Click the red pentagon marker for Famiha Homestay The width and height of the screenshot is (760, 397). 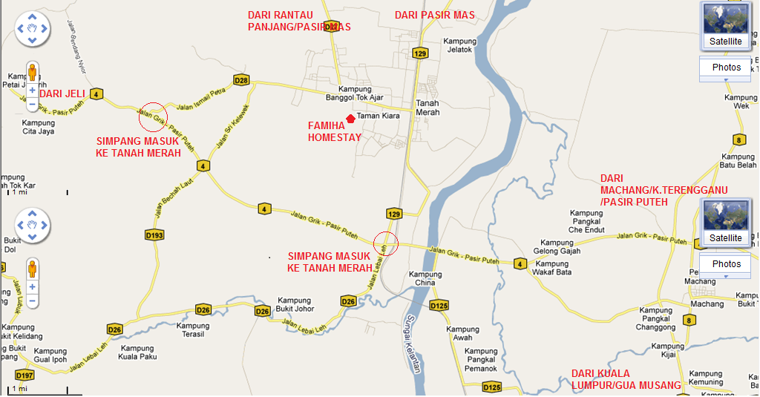point(350,119)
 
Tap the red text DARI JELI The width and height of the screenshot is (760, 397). point(62,93)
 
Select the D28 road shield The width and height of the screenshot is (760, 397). point(240,79)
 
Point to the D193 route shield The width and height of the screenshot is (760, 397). point(154,234)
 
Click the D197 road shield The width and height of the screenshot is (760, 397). point(24,374)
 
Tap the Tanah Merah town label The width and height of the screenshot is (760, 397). point(427,108)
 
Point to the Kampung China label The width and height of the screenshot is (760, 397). point(425,279)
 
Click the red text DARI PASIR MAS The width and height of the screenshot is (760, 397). point(434,15)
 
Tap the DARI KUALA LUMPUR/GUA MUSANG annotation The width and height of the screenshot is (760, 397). point(626,378)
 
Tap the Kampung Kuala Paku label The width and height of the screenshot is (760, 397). point(137,352)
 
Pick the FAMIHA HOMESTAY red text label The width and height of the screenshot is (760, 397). point(335,131)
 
